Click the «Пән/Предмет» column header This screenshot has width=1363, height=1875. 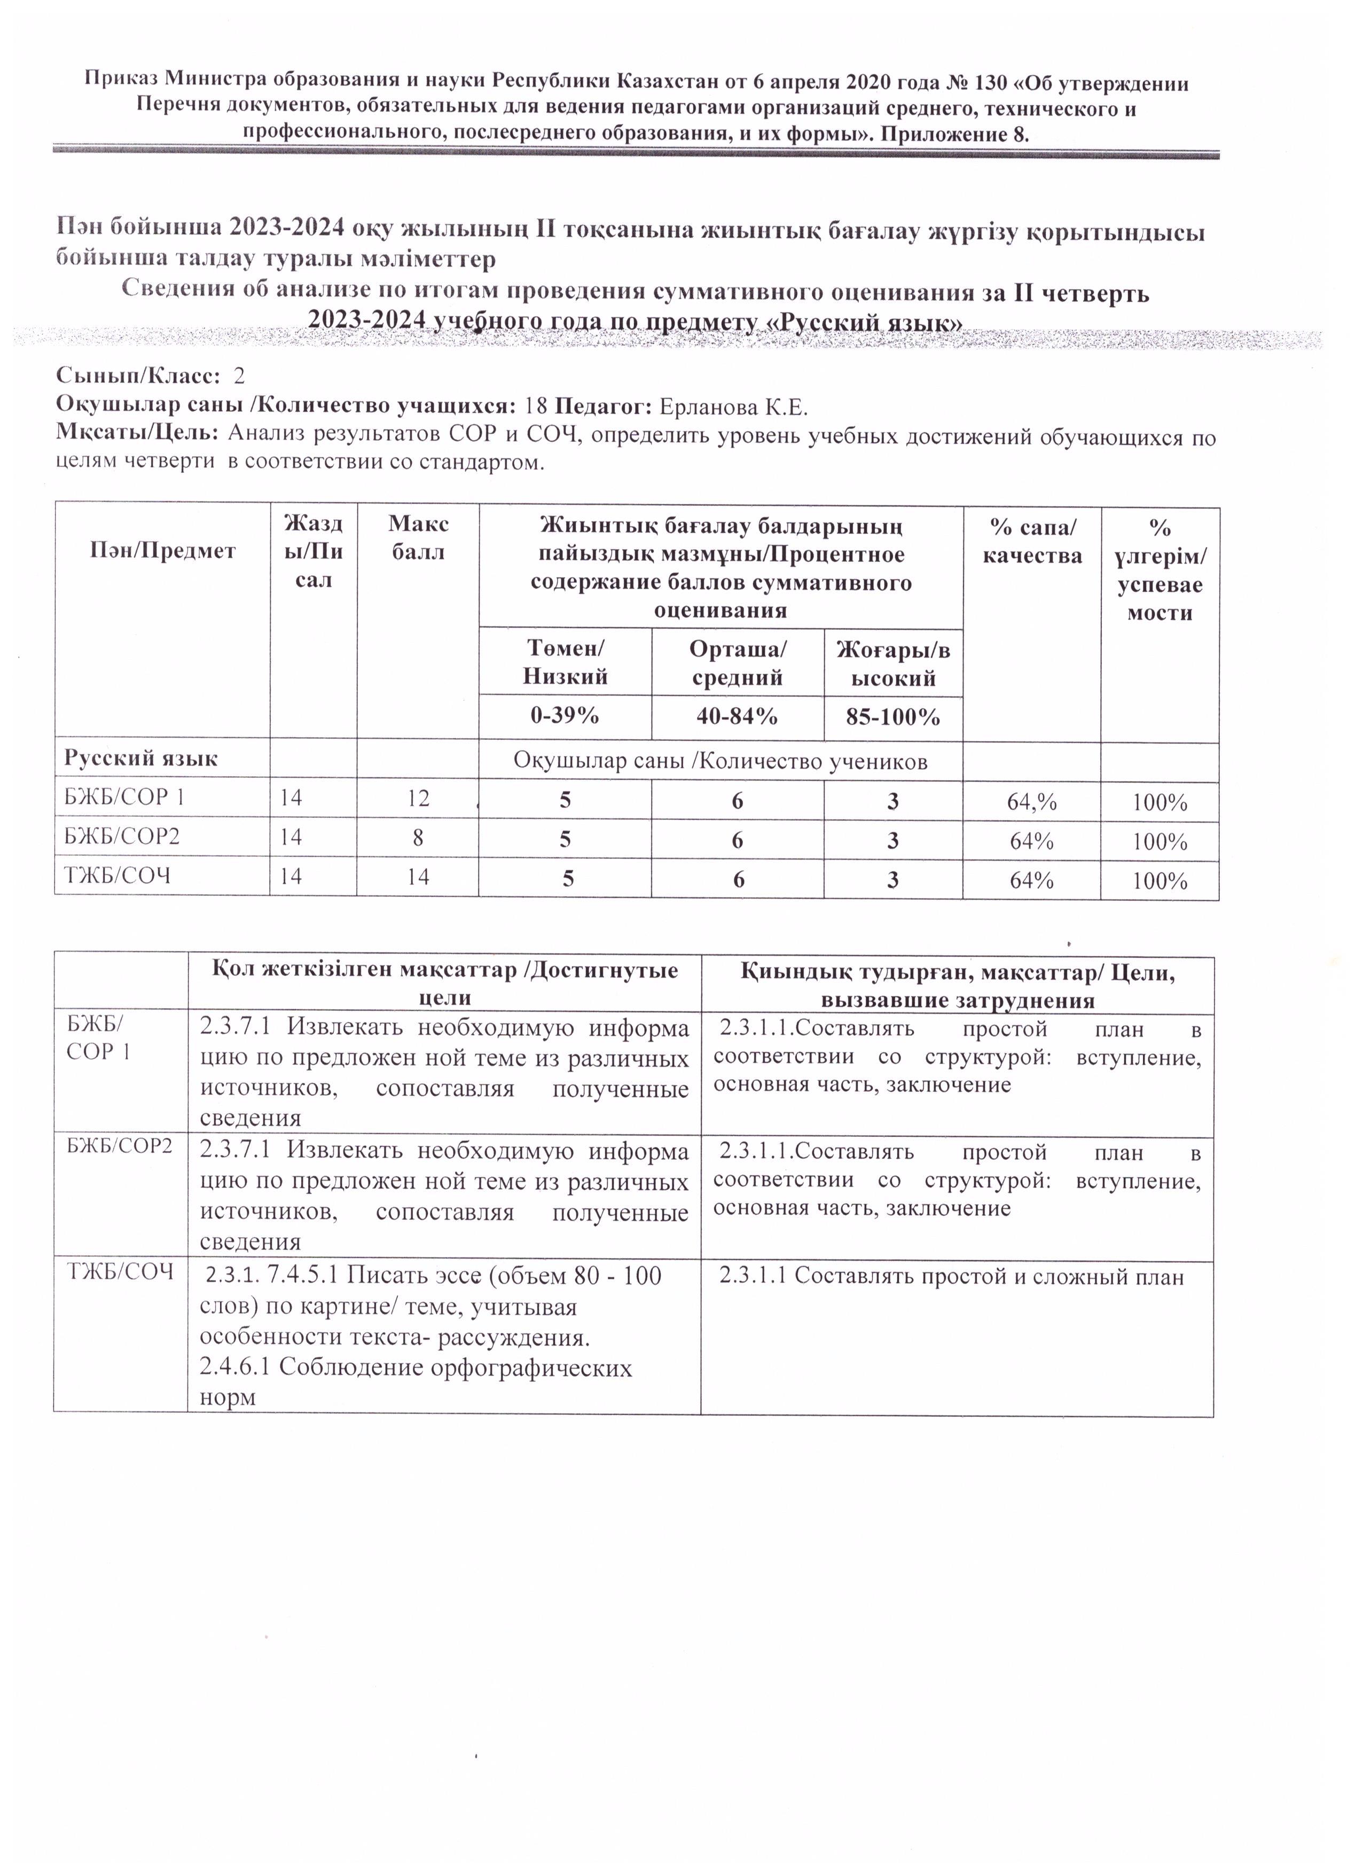(x=163, y=551)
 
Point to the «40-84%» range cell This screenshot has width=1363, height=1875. (x=737, y=716)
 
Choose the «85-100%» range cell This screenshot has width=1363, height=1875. (x=892, y=717)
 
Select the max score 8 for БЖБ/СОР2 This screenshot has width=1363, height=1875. (x=418, y=838)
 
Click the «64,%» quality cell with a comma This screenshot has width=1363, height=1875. (x=1031, y=802)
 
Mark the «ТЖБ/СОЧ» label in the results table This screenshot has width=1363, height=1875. (x=118, y=876)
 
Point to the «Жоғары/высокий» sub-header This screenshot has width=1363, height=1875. (x=892, y=664)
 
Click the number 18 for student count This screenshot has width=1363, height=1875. (x=536, y=407)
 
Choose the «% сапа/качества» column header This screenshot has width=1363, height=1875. (x=1031, y=542)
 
